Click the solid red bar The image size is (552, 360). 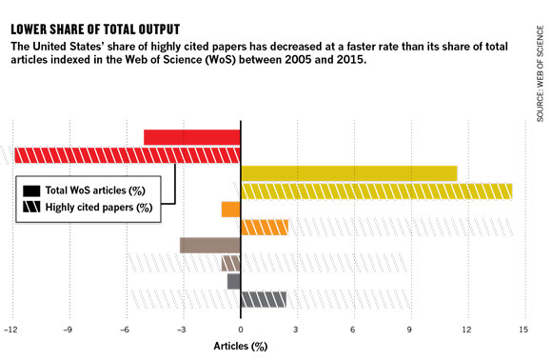192,137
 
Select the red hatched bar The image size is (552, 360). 128,155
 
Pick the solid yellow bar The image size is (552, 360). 349,173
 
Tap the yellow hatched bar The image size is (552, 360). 376,191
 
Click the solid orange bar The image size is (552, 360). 231,210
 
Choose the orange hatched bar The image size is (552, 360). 265,228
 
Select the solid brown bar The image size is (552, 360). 210,245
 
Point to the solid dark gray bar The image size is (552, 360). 234,282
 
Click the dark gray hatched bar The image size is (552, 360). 264,299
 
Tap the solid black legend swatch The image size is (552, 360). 31,190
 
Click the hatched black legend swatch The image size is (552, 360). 31,207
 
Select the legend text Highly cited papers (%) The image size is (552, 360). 99,207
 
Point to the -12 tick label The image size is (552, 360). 10,330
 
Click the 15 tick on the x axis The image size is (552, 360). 523,330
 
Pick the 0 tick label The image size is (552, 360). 241,330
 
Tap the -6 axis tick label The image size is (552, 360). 125,330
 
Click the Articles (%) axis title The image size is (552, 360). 241,347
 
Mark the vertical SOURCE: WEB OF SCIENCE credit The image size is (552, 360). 540,73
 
